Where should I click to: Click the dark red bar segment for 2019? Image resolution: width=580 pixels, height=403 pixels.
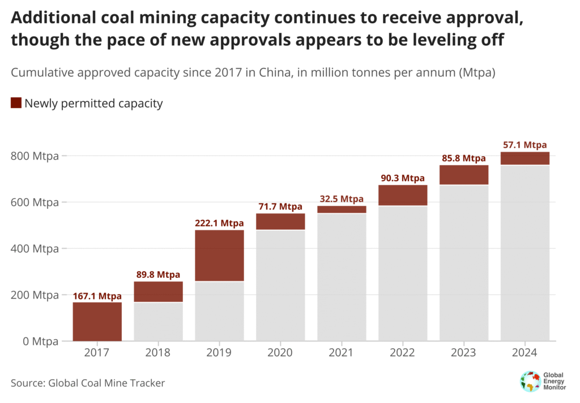click(x=219, y=255)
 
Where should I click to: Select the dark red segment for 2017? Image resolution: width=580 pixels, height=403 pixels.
click(x=97, y=321)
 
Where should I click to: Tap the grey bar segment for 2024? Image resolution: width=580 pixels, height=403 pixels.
click(x=525, y=253)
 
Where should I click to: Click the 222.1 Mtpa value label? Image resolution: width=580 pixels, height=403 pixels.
click(x=219, y=223)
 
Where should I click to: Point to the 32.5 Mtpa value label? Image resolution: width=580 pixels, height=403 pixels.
click(x=342, y=199)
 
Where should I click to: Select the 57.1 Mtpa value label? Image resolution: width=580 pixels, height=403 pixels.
click(x=525, y=145)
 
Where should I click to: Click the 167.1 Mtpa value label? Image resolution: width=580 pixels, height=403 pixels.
click(x=97, y=295)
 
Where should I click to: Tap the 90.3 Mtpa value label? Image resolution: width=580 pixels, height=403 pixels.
click(x=403, y=178)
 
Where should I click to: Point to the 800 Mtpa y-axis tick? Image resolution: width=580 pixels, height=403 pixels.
click(x=35, y=156)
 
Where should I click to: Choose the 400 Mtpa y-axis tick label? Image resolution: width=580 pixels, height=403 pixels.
click(x=35, y=248)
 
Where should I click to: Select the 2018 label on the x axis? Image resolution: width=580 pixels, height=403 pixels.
click(x=158, y=353)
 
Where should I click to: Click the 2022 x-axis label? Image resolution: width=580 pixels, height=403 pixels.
click(x=403, y=353)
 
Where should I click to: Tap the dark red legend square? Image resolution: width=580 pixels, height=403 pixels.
click(x=16, y=103)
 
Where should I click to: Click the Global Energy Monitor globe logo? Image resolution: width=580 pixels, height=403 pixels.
click(x=530, y=381)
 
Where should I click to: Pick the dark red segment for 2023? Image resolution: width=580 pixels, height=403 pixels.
click(x=464, y=175)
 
